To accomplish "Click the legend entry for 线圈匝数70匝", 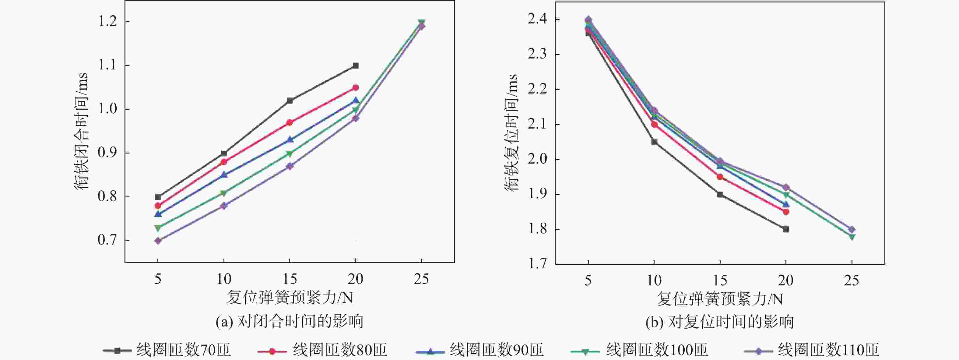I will pyautogui.click(x=167, y=350).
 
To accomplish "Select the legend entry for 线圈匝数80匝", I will pyautogui.click(x=322, y=350).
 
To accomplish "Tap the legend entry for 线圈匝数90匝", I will pyautogui.click(x=479, y=350).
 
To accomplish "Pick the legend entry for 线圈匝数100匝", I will pyautogui.click(x=639, y=350).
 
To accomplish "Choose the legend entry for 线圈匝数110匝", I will pyautogui.click(x=812, y=350).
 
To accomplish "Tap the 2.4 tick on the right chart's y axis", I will pyautogui.click(x=538, y=19).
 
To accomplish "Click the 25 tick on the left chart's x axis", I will pyautogui.click(x=421, y=279).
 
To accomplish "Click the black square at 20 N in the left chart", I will pyautogui.click(x=356, y=65).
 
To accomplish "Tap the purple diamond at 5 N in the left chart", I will pyautogui.click(x=158, y=241).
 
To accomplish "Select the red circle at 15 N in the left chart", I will pyautogui.click(x=290, y=122).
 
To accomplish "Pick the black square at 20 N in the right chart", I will pyautogui.click(x=785, y=229).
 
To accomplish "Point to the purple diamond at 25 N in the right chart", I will pyautogui.click(x=852, y=229).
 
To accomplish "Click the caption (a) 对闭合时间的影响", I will pyautogui.click(x=289, y=321).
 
